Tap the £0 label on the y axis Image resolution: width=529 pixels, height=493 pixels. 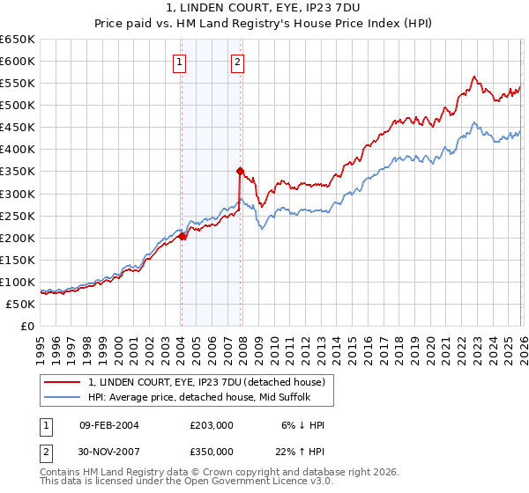[26, 326]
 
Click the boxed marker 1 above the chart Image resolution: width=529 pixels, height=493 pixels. [180, 62]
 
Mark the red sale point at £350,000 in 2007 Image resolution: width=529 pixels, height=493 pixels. [240, 171]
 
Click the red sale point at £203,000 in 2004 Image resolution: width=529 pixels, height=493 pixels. [182, 236]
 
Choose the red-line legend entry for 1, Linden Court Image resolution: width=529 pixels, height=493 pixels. [206, 382]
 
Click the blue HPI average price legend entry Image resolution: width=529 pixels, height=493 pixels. [198, 397]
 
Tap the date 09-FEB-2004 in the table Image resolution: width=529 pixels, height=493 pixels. [109, 425]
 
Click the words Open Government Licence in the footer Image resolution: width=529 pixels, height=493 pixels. [257, 483]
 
